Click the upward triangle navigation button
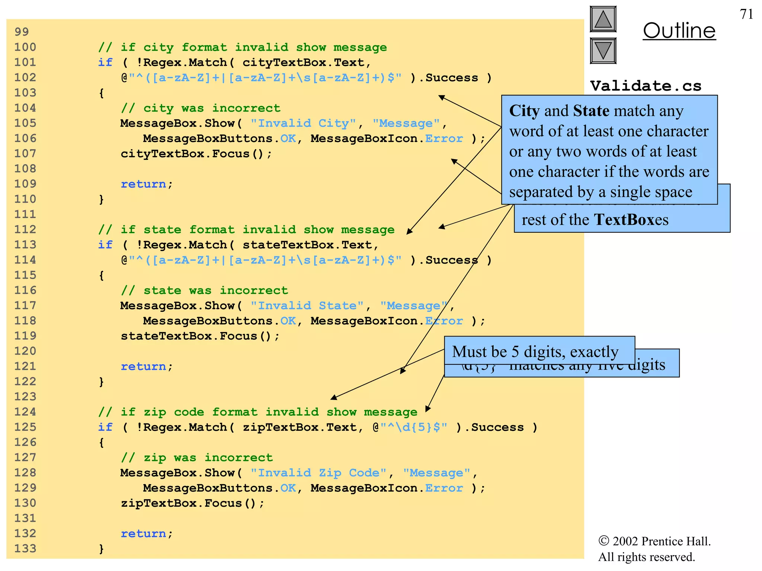tap(603, 19)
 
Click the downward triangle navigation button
tap(603, 51)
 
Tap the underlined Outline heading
tap(679, 31)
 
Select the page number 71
tap(746, 14)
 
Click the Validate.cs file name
tap(646, 86)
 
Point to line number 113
tap(25, 245)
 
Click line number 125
tap(25, 427)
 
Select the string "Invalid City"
tap(303, 123)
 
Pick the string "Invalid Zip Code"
tap(318, 473)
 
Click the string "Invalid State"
tap(307, 306)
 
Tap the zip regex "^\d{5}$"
tap(414, 427)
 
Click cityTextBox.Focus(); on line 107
tap(196, 154)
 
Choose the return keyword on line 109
tap(143, 184)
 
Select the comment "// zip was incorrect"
tap(197, 458)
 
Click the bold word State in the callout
tap(591, 111)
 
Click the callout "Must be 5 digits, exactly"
tap(535, 352)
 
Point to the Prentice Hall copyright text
tap(654, 549)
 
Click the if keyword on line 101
tap(105, 62)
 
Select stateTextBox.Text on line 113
tap(307, 245)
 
